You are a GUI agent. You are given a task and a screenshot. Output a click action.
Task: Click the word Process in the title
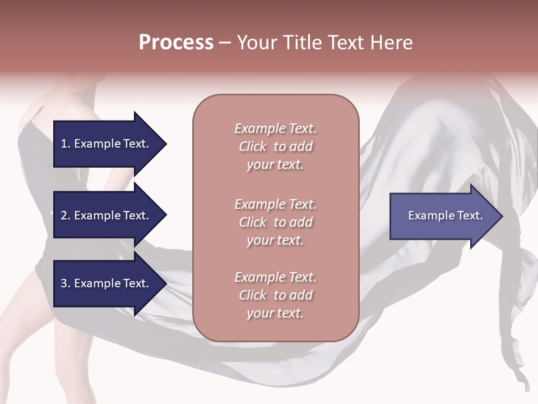click(x=176, y=43)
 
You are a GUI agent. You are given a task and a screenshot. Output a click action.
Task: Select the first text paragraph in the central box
click(x=275, y=146)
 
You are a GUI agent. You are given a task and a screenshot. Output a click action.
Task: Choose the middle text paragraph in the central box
click(x=275, y=222)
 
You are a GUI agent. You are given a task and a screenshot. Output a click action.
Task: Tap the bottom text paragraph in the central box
click(x=275, y=295)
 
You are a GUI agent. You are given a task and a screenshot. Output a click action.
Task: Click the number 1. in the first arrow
click(x=66, y=144)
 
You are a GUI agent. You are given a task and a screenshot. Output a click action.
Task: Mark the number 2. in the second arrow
click(x=66, y=215)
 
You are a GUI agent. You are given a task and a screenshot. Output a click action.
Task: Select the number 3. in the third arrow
click(x=66, y=283)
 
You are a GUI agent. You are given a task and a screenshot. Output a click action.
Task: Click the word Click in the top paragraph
click(x=253, y=146)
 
